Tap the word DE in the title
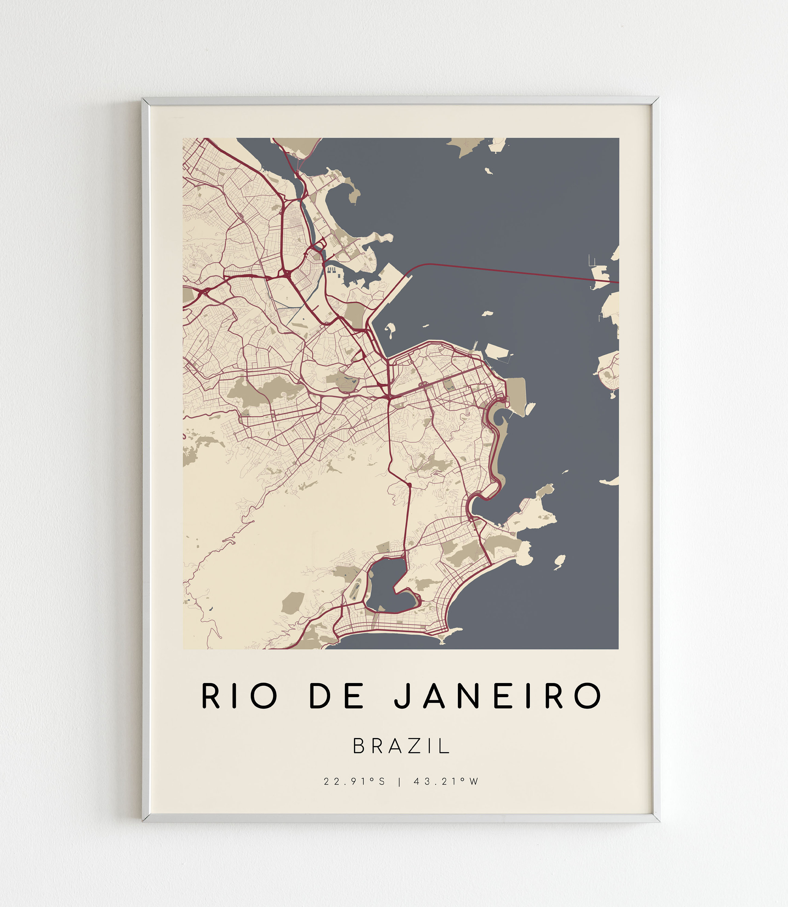(337, 696)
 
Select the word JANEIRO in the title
(497, 696)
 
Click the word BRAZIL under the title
(401, 746)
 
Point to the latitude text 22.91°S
(354, 782)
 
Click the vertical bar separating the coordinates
(399, 782)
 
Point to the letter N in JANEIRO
(467, 696)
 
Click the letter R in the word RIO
(210, 696)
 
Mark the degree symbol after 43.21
(462, 779)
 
